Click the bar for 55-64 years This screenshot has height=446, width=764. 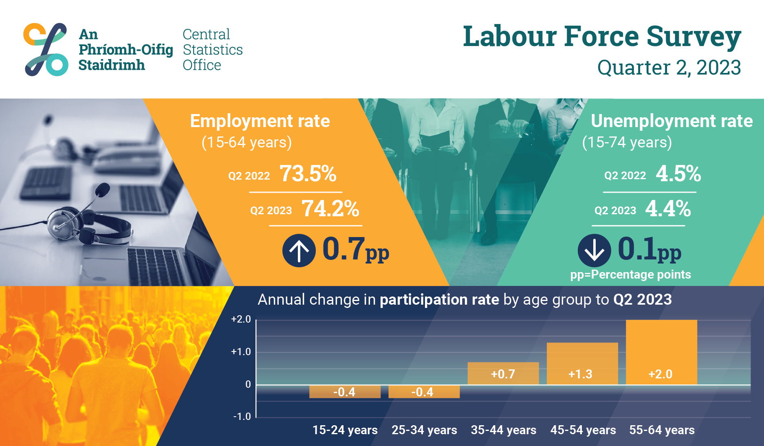pyautogui.click(x=661, y=352)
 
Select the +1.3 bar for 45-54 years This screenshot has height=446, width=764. pyautogui.click(x=582, y=364)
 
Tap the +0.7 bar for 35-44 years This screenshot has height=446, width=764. pyautogui.click(x=503, y=373)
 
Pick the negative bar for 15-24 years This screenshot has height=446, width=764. pyautogui.click(x=345, y=391)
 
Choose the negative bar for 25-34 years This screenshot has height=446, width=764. pyautogui.click(x=424, y=391)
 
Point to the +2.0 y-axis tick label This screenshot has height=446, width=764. pyautogui.click(x=241, y=319)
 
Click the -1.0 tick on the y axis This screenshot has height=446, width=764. pyautogui.click(x=242, y=417)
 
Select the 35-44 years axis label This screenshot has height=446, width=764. pyautogui.click(x=504, y=430)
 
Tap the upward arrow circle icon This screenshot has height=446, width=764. pyautogui.click(x=299, y=250)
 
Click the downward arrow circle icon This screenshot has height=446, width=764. pyautogui.click(x=594, y=250)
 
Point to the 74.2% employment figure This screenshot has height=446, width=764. pyautogui.click(x=330, y=209)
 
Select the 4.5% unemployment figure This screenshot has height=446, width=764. pyautogui.click(x=678, y=174)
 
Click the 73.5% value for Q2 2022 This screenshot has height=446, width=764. pyautogui.click(x=308, y=174)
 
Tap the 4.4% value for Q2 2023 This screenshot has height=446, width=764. pyautogui.click(x=668, y=209)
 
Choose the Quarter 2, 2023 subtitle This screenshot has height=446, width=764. pyautogui.click(x=669, y=68)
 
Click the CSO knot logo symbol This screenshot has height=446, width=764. pyautogui.click(x=46, y=49)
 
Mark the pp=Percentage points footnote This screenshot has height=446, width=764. pyautogui.click(x=630, y=275)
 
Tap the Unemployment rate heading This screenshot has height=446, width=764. pyautogui.click(x=672, y=121)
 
